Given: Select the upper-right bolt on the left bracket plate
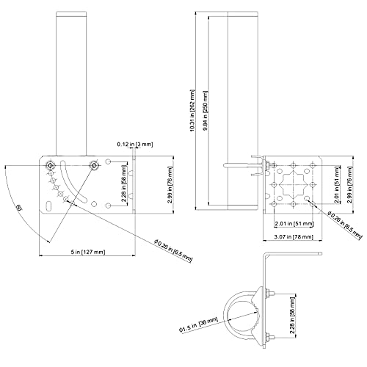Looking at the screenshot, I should pyautogui.click(x=94, y=165).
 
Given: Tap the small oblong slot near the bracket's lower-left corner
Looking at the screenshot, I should pyautogui.click(x=49, y=205).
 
